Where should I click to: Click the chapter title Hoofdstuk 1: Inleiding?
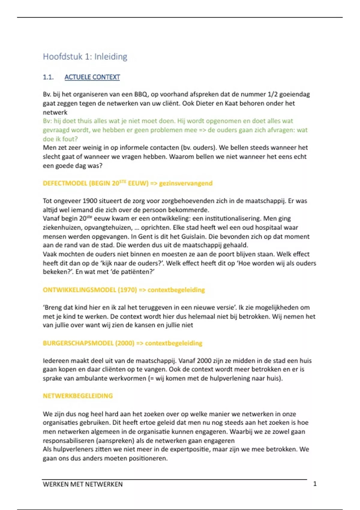point(85,56)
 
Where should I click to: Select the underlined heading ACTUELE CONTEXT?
point(92,77)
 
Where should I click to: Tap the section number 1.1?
point(48,77)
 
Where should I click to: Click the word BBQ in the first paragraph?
point(141,94)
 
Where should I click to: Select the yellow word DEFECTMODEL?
point(65,183)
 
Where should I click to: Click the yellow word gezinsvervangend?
point(186,183)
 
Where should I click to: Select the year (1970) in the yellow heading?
point(127,290)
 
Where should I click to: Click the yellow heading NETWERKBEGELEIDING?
point(78,396)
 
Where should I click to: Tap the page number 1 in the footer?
point(315,484)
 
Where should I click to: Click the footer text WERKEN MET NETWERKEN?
point(82,484)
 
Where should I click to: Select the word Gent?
point(145,236)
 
